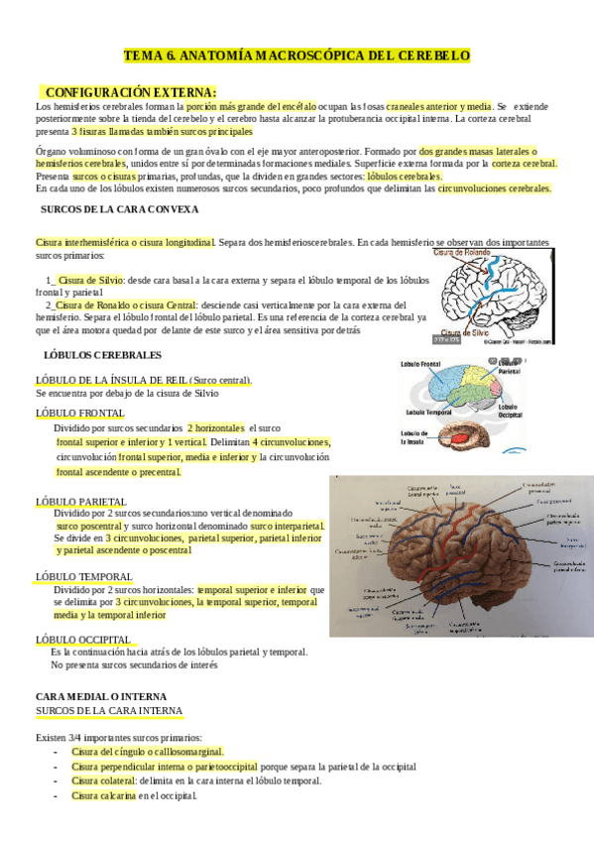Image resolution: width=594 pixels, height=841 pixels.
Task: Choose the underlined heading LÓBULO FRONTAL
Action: (80, 413)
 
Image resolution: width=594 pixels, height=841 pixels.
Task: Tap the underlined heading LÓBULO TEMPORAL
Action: (84, 576)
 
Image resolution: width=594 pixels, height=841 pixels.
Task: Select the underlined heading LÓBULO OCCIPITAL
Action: (83, 639)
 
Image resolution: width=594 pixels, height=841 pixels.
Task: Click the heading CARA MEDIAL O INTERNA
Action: (100, 697)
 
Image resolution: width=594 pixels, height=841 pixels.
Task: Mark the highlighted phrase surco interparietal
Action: (288, 526)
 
